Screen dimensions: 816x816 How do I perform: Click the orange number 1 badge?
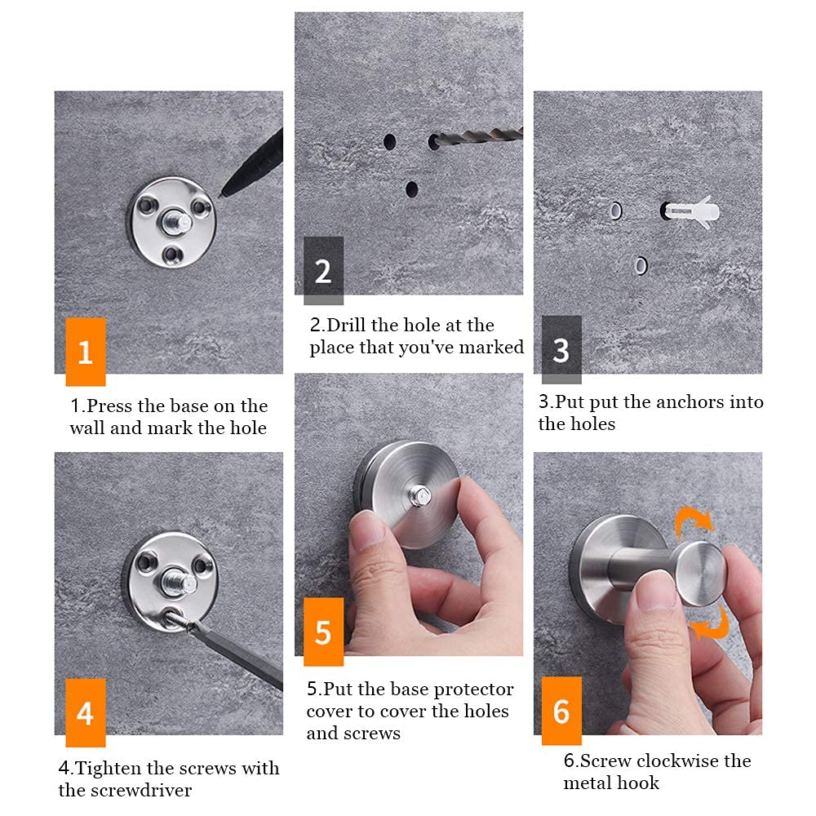tap(86, 352)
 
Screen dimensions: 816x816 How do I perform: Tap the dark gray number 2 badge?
tap(323, 271)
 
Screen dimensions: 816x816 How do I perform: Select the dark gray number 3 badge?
tap(561, 350)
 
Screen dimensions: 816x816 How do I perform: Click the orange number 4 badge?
tap(86, 713)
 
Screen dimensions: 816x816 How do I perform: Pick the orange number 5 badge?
tap(323, 632)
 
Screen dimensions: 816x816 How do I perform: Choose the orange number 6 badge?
tap(561, 711)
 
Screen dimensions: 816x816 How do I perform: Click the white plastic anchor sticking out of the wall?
tap(691, 211)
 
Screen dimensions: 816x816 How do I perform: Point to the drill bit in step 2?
tap(479, 137)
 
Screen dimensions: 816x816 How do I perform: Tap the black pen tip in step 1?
tap(222, 195)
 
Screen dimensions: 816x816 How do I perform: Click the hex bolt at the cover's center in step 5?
tap(419, 495)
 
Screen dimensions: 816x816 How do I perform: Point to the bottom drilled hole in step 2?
tap(411, 189)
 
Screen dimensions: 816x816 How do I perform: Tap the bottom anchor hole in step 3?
tap(641, 266)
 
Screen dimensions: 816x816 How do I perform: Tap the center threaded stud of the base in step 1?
tap(177, 221)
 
